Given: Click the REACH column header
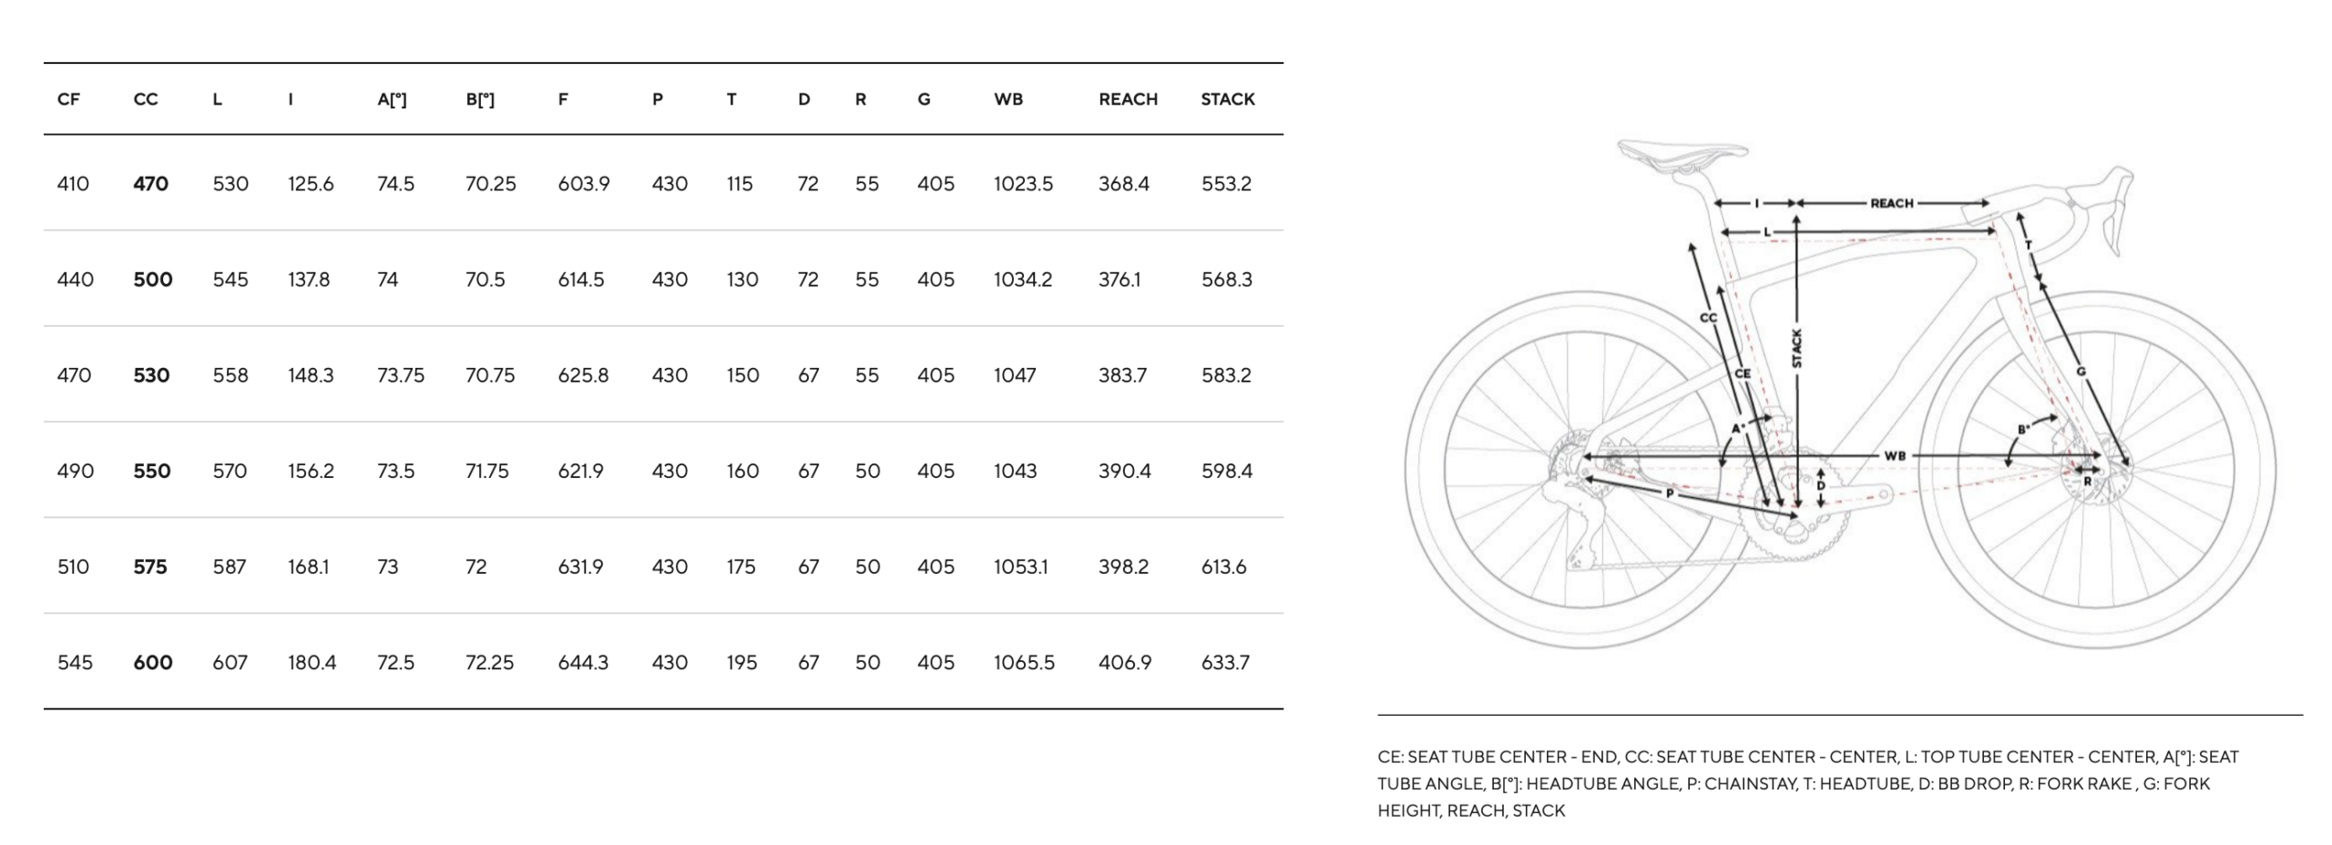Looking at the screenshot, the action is click(x=1128, y=99).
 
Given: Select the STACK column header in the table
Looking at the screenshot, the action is click(x=1227, y=99).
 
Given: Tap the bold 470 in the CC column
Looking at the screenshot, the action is click(x=150, y=184).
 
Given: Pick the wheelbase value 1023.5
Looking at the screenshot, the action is click(x=1023, y=184).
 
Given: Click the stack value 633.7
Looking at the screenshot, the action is click(x=1226, y=663).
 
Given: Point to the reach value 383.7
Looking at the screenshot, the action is click(x=1122, y=375).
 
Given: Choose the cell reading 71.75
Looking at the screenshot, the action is click(x=486, y=471).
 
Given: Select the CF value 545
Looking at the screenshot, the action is click(x=75, y=663).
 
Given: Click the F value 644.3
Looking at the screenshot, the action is click(x=583, y=663).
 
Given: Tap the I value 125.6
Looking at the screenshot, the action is click(x=311, y=184).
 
